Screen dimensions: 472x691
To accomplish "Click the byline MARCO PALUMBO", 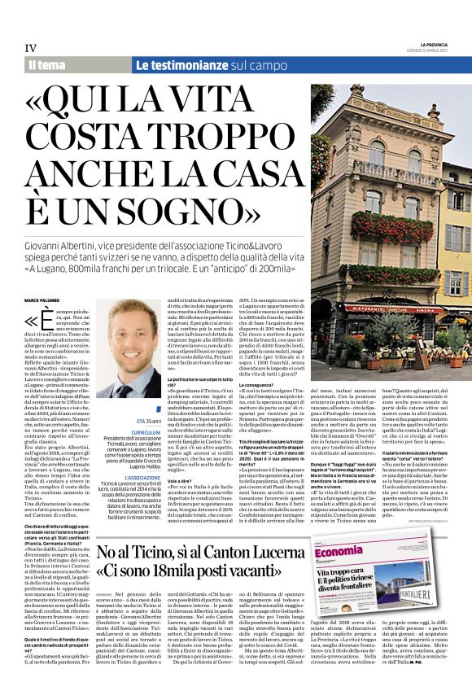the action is tap(42, 301).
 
